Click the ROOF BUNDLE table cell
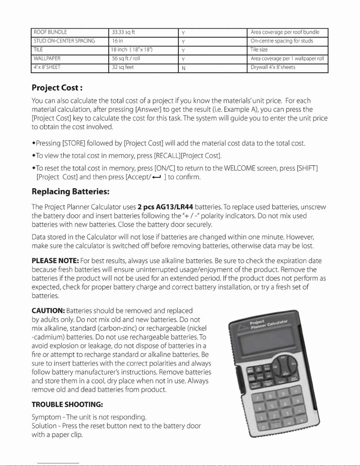tap(70, 32)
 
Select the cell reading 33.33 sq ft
tap(143, 32)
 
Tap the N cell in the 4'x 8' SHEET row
tap(212, 68)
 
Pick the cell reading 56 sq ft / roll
tap(143, 59)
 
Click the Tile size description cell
tap(287, 50)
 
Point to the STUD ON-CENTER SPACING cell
tap(70, 41)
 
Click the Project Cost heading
tap(57, 88)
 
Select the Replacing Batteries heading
tap(71, 192)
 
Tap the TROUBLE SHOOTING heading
tap(67, 405)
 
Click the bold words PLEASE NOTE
tap(55, 261)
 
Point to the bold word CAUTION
tap(48, 311)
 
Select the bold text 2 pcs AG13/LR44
tap(165, 207)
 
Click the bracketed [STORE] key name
tap(74, 143)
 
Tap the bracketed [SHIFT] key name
tap(307, 168)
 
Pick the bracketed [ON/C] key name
tap(165, 168)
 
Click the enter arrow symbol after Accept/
tap(156, 177)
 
